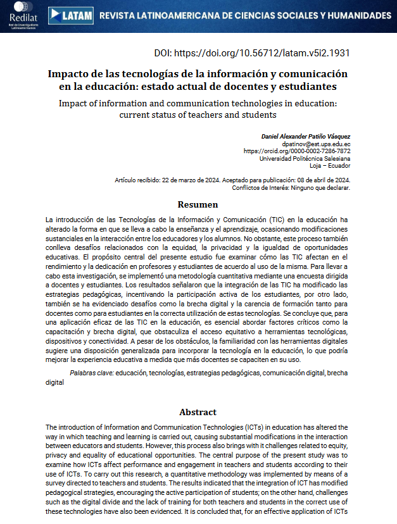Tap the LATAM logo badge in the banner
(x=71, y=15)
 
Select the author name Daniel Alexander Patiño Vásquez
(x=306, y=136)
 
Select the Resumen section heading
(x=198, y=204)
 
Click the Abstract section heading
(x=198, y=412)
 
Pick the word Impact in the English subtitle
(x=73, y=103)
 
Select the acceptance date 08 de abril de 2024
(x=314, y=180)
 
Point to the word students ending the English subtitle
(x=259, y=115)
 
